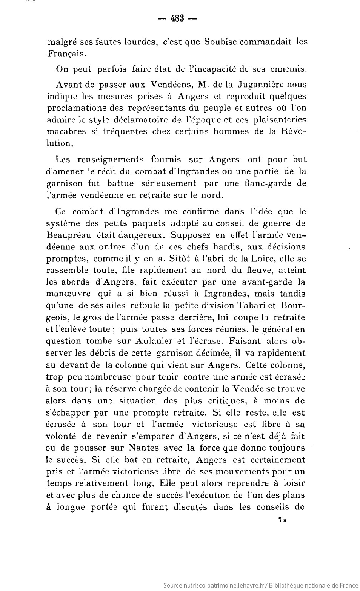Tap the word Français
coord(66,54)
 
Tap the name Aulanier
coord(154,341)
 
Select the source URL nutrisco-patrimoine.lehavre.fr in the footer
coord(218,585)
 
